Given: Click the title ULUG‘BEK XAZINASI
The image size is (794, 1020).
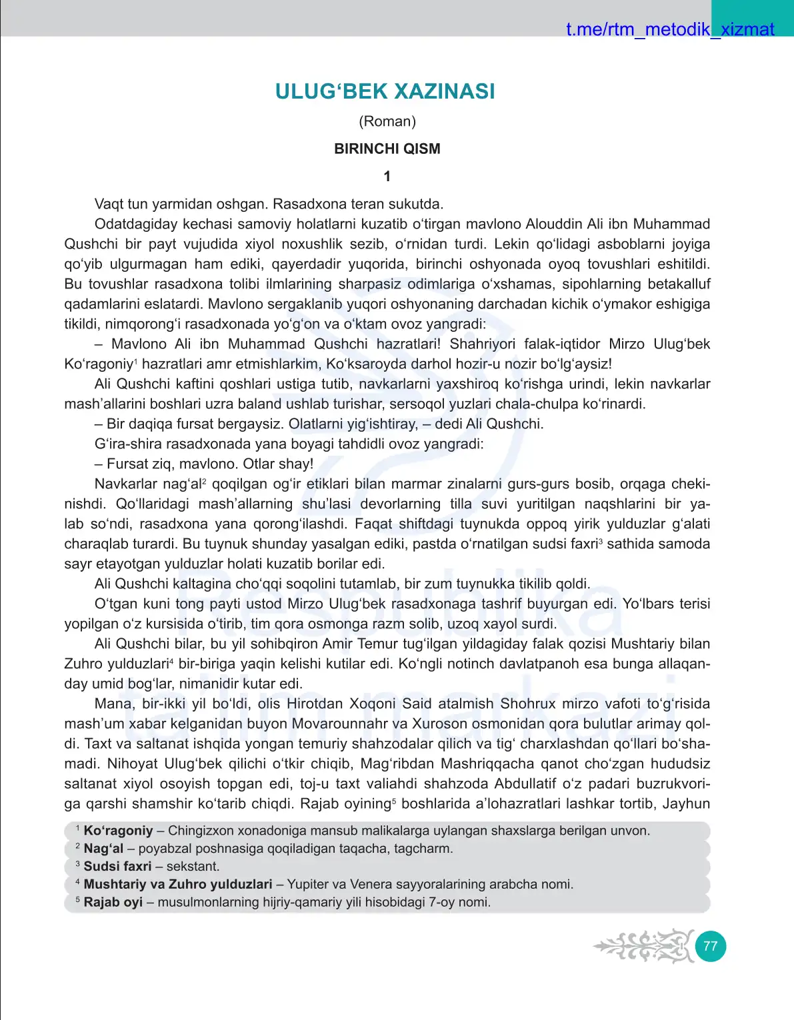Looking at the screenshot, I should (385, 91).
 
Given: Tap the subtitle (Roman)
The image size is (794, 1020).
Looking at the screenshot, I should (387, 121).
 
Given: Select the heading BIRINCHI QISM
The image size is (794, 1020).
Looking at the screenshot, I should (387, 149).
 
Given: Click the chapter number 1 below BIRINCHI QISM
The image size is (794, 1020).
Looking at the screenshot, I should (387, 177).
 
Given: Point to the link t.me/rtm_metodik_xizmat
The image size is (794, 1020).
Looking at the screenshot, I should (670, 29).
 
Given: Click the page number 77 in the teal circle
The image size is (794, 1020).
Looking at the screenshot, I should (711, 946).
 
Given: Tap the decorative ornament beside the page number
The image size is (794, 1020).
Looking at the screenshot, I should (644, 946).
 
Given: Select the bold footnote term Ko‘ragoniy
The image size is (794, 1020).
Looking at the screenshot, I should (119, 831).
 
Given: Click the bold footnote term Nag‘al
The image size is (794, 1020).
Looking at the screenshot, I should (103, 849).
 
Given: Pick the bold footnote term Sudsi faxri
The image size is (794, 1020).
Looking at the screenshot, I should (118, 867).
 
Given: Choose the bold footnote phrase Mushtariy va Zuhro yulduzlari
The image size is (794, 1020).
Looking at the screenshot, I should (178, 885).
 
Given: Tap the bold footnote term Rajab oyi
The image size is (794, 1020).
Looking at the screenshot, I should (113, 903).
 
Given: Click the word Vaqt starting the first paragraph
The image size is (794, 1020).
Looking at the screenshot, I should (109, 204).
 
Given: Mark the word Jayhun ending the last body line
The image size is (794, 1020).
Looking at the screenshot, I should (686, 803).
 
